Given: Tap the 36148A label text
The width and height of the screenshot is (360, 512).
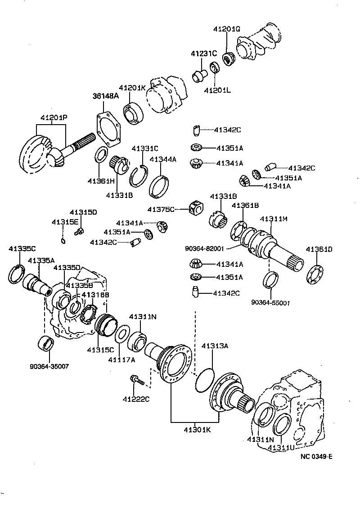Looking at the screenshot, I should point(105,96).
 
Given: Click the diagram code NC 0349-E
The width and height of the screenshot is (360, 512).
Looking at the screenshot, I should point(316,457).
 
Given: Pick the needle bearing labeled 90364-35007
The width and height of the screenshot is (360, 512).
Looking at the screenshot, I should point(46,343).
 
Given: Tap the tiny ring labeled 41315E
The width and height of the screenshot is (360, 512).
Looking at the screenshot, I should point(64,241).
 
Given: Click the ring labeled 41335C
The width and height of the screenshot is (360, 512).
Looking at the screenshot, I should point(18,274).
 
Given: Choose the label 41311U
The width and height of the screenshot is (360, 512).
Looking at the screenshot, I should point(281,448).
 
